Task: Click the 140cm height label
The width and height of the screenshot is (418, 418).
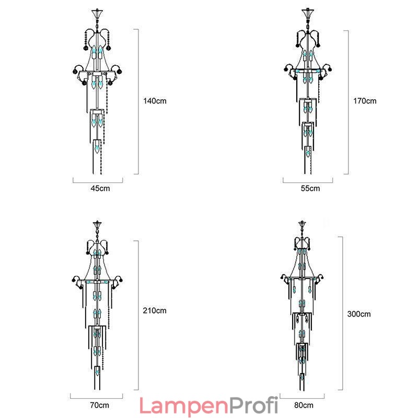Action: click(x=155, y=101)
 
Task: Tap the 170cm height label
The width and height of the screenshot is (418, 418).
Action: click(x=365, y=101)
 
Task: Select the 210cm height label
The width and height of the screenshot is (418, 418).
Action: click(x=155, y=310)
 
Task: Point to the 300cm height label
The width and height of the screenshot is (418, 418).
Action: click(x=359, y=314)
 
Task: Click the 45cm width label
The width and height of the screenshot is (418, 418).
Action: click(x=100, y=189)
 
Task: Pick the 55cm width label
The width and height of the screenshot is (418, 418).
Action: click(x=310, y=189)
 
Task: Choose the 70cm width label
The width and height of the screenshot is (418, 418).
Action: click(x=99, y=405)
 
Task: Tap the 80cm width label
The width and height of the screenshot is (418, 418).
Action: click(x=304, y=405)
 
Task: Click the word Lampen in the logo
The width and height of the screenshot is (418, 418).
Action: click(x=184, y=407)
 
